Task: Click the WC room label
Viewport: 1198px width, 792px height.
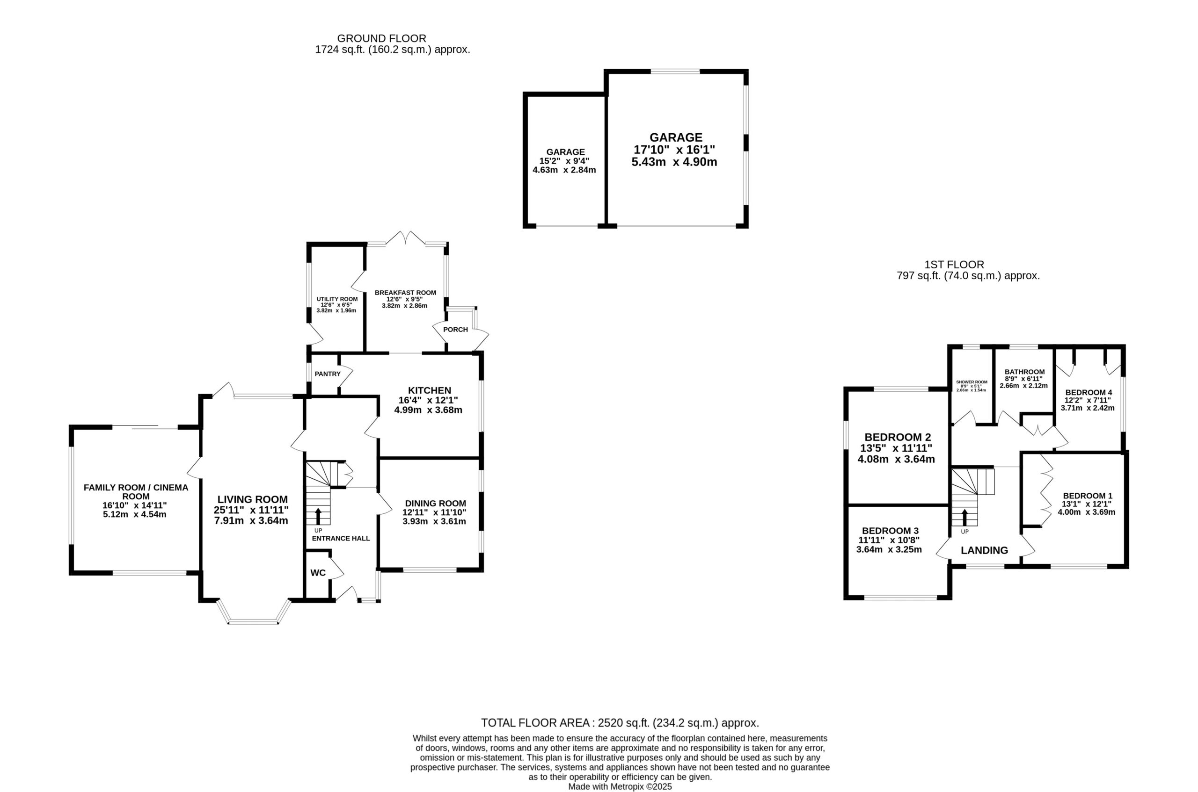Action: tap(318, 573)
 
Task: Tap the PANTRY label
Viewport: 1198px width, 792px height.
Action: tap(328, 374)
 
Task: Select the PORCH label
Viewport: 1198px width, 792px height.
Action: tap(455, 329)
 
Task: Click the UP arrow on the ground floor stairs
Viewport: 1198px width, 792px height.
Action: tap(318, 516)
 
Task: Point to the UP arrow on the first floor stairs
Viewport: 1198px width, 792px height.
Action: tap(964, 518)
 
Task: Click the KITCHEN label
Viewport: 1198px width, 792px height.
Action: tap(429, 390)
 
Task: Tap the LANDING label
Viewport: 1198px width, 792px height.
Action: tap(984, 551)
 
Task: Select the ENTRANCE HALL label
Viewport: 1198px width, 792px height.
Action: tap(341, 539)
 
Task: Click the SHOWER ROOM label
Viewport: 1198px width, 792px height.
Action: tap(972, 382)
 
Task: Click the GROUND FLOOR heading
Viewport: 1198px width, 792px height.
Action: tap(382, 38)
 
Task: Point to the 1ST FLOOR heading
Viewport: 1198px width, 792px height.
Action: tap(954, 265)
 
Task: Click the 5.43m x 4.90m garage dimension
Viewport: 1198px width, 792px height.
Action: tap(674, 162)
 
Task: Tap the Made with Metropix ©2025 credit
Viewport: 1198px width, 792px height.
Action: tap(620, 787)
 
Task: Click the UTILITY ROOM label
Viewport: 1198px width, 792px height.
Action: tap(337, 299)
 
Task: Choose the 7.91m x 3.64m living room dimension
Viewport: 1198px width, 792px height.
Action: tap(251, 520)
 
